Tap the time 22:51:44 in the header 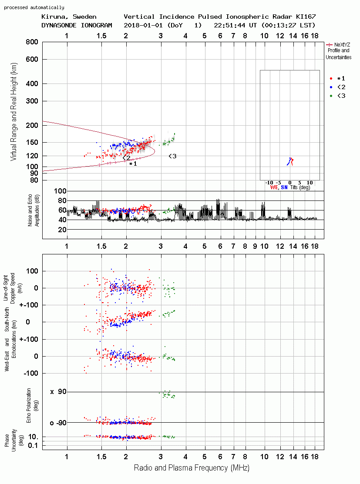(229, 25)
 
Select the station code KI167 (306, 17)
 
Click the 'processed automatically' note (34, 7)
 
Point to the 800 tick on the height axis (32, 42)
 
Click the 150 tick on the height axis (32, 143)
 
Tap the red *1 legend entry (337, 78)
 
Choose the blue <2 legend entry (337, 87)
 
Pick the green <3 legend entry (337, 96)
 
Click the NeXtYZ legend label (342, 45)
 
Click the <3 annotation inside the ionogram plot (172, 156)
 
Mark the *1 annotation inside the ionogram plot (133, 164)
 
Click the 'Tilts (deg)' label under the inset (300, 187)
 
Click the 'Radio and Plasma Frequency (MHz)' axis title (192, 468)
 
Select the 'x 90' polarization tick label (58, 392)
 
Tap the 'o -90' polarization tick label (58, 423)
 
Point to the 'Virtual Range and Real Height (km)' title (13, 112)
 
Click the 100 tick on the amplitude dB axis (60, 191)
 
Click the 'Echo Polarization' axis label (29, 405)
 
